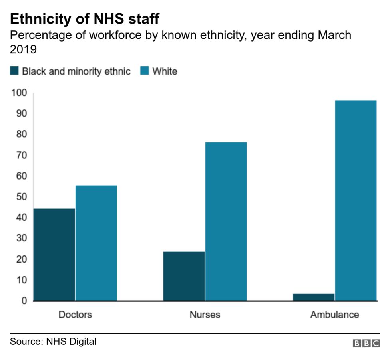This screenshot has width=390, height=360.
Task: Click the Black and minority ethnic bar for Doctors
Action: point(54,254)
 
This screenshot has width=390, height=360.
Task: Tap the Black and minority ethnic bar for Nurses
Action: point(184,276)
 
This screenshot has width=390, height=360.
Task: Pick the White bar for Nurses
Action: point(226,221)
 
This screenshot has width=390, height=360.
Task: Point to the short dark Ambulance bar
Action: point(314,297)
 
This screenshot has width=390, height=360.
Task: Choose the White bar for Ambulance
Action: point(356,200)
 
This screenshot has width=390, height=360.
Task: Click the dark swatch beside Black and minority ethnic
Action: point(14,71)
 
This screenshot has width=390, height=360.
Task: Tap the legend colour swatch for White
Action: point(144,71)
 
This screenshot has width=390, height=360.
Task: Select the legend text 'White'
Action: point(165,72)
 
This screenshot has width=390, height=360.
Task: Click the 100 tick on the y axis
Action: point(19,93)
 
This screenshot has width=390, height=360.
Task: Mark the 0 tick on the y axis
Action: point(24,301)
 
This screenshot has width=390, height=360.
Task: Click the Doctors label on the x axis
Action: point(75,315)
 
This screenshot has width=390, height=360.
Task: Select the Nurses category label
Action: point(205,315)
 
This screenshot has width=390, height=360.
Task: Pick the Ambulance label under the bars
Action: point(334,315)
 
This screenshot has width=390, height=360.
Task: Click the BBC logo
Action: point(366,343)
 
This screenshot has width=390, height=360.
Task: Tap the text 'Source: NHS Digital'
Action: point(53,342)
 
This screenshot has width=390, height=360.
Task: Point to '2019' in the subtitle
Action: point(23,50)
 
